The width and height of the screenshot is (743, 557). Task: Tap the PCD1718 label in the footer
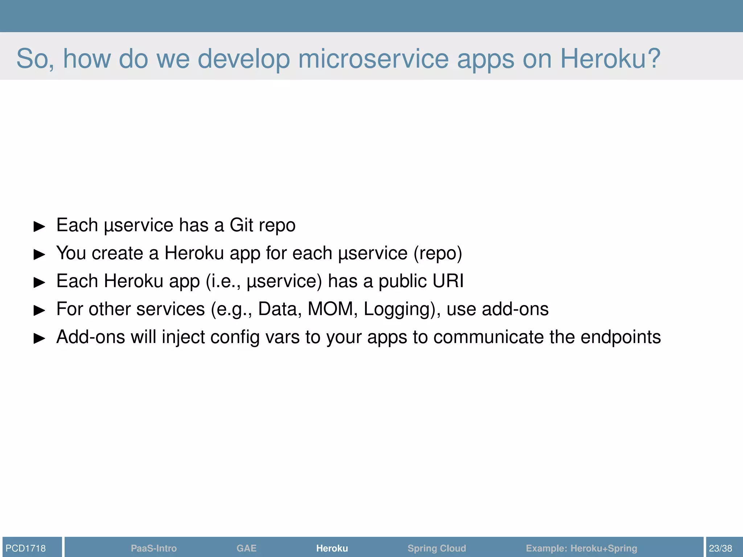26,548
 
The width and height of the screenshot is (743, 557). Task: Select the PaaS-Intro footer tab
153,548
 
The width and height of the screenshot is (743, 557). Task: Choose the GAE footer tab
246,548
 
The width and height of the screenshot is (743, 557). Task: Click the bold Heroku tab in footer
332,548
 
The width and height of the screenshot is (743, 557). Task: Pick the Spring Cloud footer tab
436,548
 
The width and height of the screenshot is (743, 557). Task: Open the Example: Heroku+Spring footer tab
581,548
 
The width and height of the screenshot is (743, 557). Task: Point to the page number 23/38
720,548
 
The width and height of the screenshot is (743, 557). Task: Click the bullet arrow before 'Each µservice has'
39,227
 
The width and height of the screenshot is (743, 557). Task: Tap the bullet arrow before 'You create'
39,255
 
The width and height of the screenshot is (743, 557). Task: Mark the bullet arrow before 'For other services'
39,310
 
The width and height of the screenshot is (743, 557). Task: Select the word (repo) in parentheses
438,253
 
